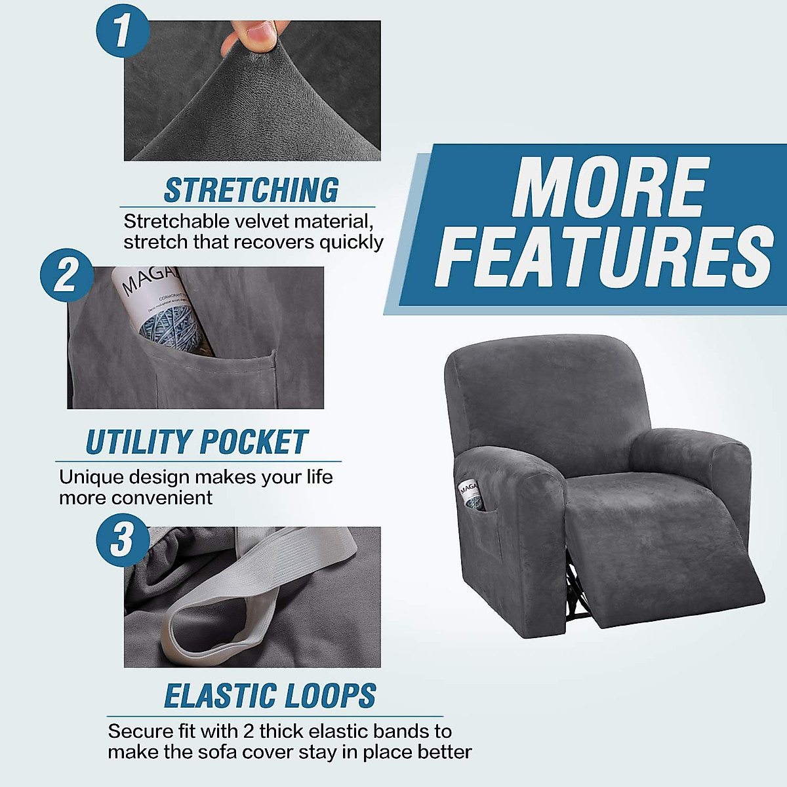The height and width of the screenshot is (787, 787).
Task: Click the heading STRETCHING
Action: coord(251,190)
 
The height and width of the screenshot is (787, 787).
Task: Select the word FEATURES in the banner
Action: coord(603,257)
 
